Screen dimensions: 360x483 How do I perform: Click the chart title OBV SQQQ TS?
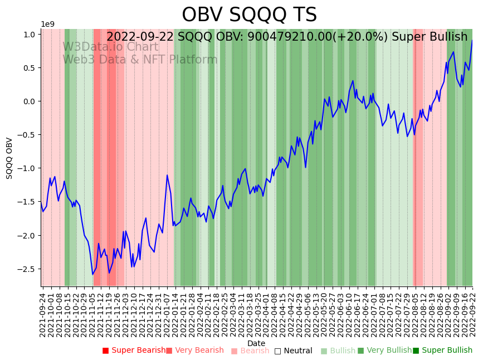point(249,15)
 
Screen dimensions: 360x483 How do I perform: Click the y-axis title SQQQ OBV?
point(9,158)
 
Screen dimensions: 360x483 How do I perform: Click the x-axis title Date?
point(256,343)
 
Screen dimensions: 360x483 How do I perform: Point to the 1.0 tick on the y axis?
point(30,35)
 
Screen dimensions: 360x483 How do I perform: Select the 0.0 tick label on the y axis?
point(30,101)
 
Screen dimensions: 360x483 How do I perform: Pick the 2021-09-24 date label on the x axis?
point(43,313)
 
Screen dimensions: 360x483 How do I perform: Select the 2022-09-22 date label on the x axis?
point(473,313)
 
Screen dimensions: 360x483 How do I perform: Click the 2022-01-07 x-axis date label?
point(167,313)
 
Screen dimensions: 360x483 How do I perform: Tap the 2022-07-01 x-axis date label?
point(373,313)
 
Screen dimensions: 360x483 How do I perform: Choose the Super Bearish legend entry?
point(134,351)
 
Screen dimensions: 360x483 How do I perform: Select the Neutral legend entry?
point(293,351)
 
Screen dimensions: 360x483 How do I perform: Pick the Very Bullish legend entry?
point(384,351)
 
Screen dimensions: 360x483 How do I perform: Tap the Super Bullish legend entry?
point(444,351)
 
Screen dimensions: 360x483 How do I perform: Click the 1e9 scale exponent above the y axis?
point(48,24)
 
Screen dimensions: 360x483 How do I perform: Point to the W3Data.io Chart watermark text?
point(110,47)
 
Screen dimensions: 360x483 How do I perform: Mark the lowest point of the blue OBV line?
point(93,274)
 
